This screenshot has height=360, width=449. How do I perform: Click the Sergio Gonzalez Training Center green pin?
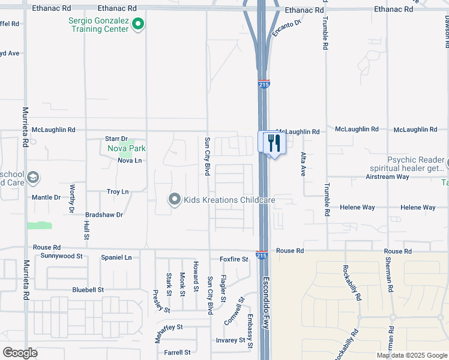tap(138, 24)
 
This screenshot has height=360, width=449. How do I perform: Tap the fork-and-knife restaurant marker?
tap(273, 143)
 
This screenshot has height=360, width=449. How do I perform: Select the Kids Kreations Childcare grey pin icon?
tap(175, 199)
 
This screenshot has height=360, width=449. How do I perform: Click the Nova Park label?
tap(126, 149)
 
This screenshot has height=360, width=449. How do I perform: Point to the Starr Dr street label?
tap(116, 139)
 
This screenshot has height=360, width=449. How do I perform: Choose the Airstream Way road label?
tap(387, 177)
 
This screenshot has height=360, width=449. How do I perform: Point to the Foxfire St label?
tap(234, 259)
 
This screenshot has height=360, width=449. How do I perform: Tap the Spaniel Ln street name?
tap(116, 257)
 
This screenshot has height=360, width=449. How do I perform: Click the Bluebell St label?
tap(88, 289)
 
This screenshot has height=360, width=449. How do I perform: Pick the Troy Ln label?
tap(118, 192)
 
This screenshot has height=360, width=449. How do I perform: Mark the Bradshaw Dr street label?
tap(104, 214)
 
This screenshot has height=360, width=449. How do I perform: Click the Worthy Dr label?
tap(71, 199)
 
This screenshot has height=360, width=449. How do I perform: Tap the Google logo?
tap(20, 353)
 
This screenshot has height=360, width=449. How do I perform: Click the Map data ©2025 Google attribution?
tap(411, 355)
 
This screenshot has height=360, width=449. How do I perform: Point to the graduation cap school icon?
tap(34, 177)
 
